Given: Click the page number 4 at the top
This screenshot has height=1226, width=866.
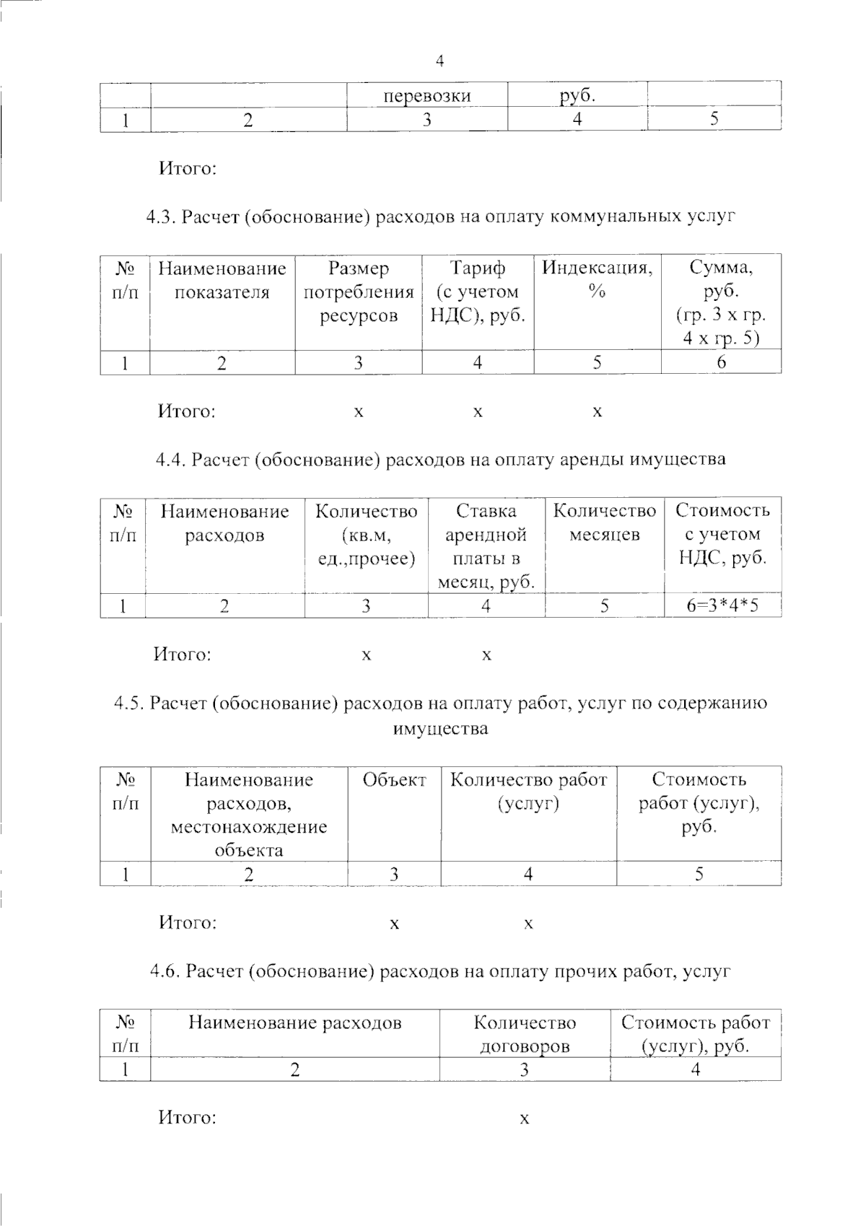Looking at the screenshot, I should (440, 61).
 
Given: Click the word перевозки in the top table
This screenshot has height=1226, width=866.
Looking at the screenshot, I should (427, 96).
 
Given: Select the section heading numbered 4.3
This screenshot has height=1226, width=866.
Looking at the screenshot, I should (440, 216).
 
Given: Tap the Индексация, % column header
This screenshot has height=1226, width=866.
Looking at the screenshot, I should (597, 280).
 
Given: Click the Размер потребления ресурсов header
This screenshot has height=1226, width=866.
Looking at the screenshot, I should (358, 292).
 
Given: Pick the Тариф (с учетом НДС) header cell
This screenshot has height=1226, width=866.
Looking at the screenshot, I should (478, 292).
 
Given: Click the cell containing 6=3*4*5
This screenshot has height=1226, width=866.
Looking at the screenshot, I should (722, 605).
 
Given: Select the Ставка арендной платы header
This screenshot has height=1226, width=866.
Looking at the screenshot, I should (486, 546).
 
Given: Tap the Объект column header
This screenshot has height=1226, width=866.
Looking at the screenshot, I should (394, 780).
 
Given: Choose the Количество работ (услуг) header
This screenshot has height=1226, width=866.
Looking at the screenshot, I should (528, 792).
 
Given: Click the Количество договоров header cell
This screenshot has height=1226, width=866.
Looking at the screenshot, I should (525, 1034).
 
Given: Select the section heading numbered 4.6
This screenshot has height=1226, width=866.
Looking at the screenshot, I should (440, 971).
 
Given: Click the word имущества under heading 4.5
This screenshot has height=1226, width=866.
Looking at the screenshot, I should (440, 729).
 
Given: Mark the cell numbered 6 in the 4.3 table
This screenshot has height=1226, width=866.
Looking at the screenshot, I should (721, 363).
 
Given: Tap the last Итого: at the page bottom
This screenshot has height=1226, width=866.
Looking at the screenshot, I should (188, 1118).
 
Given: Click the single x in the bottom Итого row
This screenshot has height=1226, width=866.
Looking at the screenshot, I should (525, 1119).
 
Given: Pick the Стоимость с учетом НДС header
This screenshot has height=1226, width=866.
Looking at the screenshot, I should (722, 535).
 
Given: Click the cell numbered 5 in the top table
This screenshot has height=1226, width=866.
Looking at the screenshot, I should (714, 120).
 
